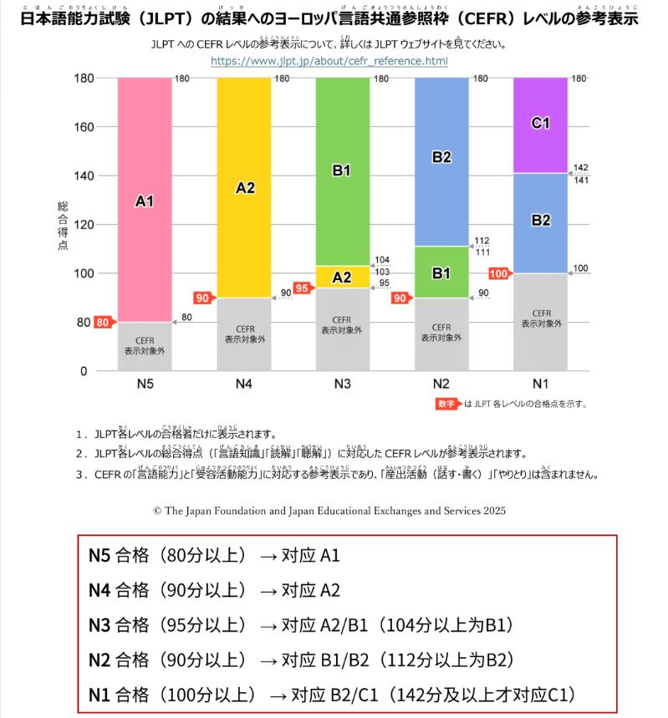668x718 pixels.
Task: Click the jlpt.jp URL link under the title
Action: (x=329, y=61)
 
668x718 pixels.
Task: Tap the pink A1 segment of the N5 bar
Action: (x=145, y=200)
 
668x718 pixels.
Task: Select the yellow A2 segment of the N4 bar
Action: (x=244, y=187)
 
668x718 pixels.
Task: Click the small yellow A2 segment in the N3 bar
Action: (x=342, y=277)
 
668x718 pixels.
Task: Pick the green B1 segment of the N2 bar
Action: (x=441, y=272)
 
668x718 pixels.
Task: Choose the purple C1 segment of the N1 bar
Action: (x=540, y=124)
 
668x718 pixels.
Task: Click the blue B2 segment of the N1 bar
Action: (x=540, y=221)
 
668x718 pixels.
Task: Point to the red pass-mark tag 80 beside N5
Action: (x=104, y=323)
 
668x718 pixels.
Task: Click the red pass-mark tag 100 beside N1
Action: (x=498, y=273)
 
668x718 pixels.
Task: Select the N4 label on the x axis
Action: (x=244, y=384)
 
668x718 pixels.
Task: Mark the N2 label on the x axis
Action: (x=441, y=384)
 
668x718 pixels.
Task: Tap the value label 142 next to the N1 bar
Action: (x=582, y=167)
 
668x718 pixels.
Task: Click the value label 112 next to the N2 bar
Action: (x=482, y=241)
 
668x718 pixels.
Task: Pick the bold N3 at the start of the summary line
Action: (x=99, y=624)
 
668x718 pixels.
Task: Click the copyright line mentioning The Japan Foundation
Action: (x=329, y=509)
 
